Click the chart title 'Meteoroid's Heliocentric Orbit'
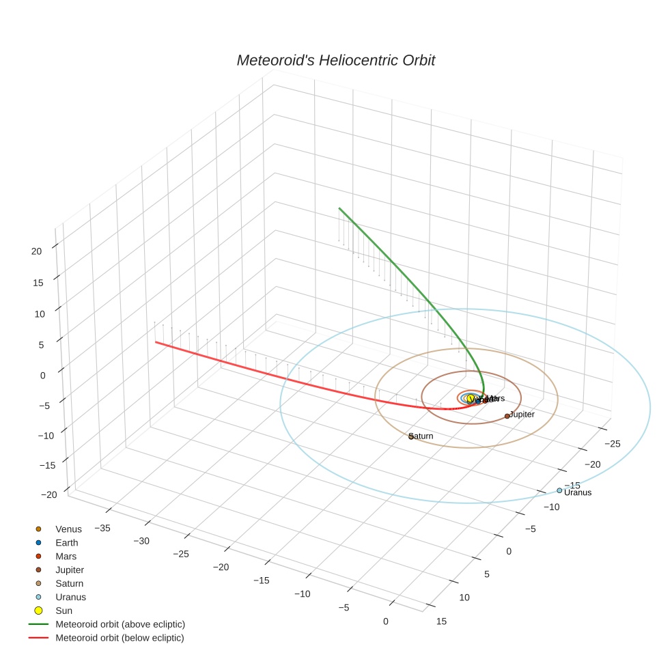tap(335, 60)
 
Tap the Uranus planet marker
tap(559, 490)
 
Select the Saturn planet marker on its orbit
tap(411, 436)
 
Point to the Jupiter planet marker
tap(507, 416)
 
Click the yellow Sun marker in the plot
tap(471, 398)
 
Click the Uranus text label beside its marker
tap(578, 493)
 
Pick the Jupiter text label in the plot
tap(522, 415)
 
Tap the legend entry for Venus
tap(68, 529)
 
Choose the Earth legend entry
tap(67, 543)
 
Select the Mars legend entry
tap(66, 557)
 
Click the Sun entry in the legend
tap(64, 611)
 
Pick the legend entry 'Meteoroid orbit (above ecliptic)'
tap(120, 624)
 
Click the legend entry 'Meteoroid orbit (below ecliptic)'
tap(120, 638)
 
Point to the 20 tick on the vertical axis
tap(36, 251)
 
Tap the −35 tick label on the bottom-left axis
tap(102, 527)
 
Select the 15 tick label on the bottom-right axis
tap(441, 621)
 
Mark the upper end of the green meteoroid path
tap(339, 208)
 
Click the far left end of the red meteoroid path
tap(156, 341)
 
